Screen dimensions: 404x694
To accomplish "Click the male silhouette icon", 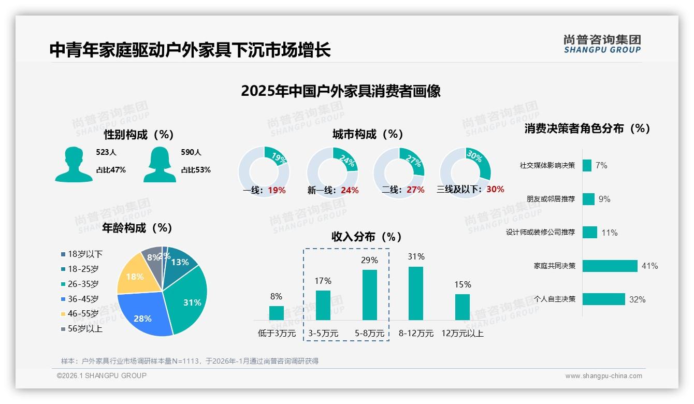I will [x=74, y=164].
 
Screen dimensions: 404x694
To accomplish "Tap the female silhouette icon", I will [x=160, y=164].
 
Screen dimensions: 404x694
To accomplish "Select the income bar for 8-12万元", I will [x=416, y=293].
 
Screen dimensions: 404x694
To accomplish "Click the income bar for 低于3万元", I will [x=277, y=313].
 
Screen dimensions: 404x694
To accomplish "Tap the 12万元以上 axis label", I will [x=462, y=334].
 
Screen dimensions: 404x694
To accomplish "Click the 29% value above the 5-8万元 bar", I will [x=369, y=260].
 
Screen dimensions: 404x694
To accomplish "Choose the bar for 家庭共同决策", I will [x=610, y=266].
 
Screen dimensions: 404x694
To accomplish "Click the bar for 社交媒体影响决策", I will [x=587, y=165].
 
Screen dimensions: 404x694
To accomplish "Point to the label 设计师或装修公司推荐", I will [x=540, y=232].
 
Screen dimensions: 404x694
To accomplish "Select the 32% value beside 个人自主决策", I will [x=637, y=299].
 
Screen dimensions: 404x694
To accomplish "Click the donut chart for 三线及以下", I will [x=465, y=170].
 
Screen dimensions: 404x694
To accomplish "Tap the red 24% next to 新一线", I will [x=350, y=191].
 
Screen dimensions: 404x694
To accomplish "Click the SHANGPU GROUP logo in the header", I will [x=602, y=44].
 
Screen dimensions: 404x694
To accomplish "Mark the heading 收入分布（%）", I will [x=367, y=237].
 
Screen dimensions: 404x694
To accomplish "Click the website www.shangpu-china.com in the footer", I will [x=603, y=376].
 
